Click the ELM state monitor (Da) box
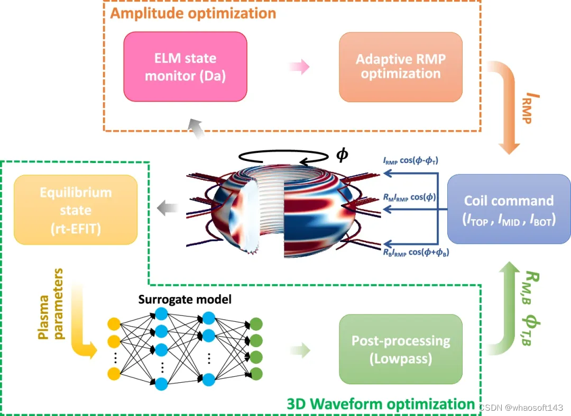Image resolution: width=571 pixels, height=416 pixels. coord(185,67)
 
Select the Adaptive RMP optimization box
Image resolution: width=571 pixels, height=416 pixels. coord(400,67)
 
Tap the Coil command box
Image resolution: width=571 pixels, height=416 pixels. coord(509,209)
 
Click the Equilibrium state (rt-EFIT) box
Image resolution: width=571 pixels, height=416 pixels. coord(76,210)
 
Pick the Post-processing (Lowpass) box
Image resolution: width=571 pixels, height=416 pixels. coord(401,349)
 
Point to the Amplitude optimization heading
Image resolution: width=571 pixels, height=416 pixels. coord(193,13)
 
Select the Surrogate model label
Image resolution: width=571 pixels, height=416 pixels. coord(185,300)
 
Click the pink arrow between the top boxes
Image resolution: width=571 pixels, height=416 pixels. coord(299,67)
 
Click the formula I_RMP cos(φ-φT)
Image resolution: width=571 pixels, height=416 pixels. coord(415,160)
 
